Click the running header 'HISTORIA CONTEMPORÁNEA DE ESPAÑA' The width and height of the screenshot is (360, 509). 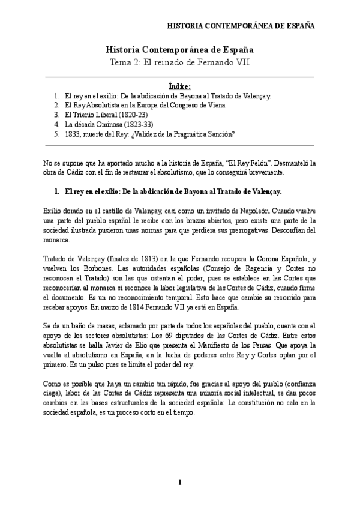240,27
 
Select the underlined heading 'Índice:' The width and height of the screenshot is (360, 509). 180,86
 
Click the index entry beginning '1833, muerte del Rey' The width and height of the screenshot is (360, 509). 150,134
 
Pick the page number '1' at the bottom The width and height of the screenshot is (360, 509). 179,483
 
